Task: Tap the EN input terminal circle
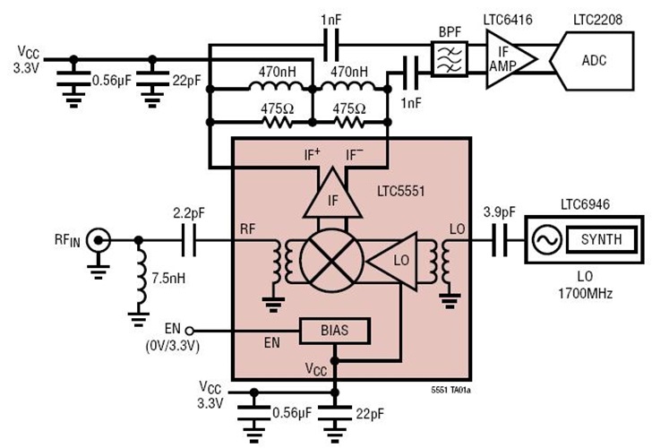pyautogui.click(x=191, y=330)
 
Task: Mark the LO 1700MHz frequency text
pyautogui.click(x=583, y=285)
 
